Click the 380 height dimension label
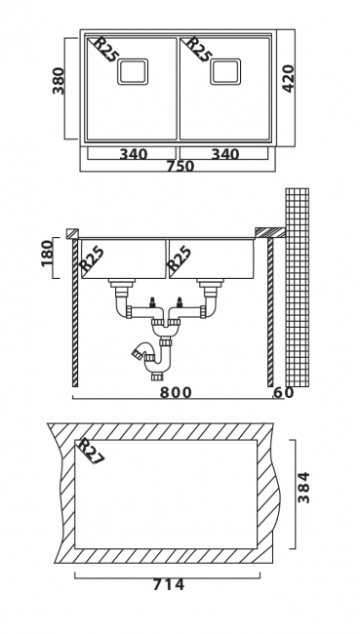pos(59,81)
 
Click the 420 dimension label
pos(288,78)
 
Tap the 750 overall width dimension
pos(180,166)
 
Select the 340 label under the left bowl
pos(134,154)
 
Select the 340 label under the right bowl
pos(225,154)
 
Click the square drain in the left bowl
pos(133,71)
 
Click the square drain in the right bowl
pos(225,71)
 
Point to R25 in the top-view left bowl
pos(102,50)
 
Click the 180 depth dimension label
pos(48,254)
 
